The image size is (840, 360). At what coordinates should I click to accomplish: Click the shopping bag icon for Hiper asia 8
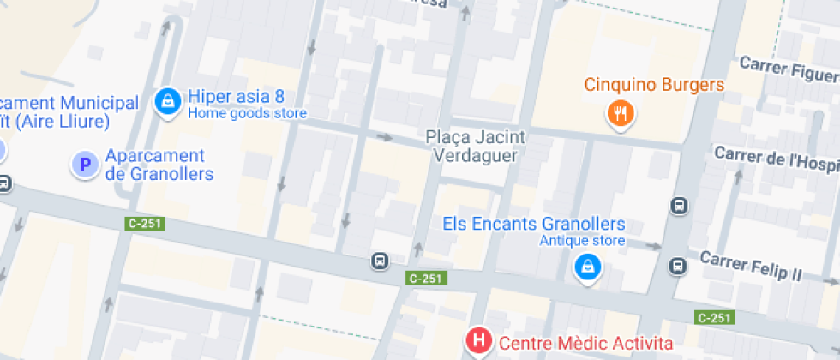pos(168,102)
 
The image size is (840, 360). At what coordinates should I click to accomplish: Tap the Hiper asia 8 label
pos(236,96)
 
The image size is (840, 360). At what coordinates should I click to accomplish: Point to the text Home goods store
pos(247,113)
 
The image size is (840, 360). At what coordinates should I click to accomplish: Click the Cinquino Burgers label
pos(655,85)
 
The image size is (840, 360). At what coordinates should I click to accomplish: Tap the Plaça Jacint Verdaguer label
pos(476,147)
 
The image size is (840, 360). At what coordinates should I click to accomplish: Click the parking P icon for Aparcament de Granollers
pos(85,165)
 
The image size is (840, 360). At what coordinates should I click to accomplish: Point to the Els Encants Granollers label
pos(534,224)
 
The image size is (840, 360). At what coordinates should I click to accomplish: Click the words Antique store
pos(582,241)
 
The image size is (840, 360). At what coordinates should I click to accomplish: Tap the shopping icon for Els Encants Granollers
pos(588,267)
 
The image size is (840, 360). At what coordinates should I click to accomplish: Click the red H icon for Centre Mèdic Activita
pos(478,342)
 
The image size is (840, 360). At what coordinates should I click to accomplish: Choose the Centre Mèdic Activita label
pos(586,344)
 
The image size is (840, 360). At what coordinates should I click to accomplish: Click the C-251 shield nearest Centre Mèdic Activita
pos(426,278)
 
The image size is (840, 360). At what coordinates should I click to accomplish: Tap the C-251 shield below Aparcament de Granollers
pos(144,224)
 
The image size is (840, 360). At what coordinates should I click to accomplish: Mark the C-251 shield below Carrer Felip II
pos(714,318)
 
